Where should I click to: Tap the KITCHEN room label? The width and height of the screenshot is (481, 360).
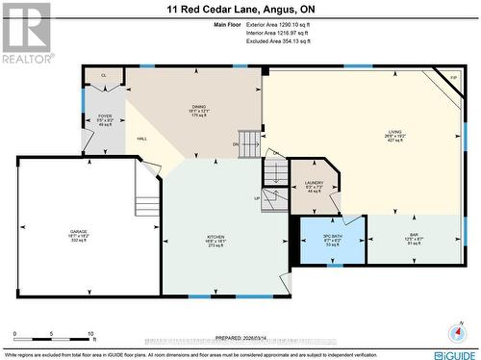tap(215, 237)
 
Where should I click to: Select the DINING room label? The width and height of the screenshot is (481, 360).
tap(198, 108)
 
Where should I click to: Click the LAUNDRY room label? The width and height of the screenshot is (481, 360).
tap(313, 182)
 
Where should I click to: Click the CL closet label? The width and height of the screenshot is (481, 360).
tap(104, 75)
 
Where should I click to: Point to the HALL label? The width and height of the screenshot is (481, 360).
tap(141, 140)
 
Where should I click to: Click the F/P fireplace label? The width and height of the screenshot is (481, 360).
tap(453, 77)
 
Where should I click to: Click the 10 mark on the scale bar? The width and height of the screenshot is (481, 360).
tap(91, 336)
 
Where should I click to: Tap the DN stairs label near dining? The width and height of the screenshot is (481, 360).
tap(237, 144)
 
